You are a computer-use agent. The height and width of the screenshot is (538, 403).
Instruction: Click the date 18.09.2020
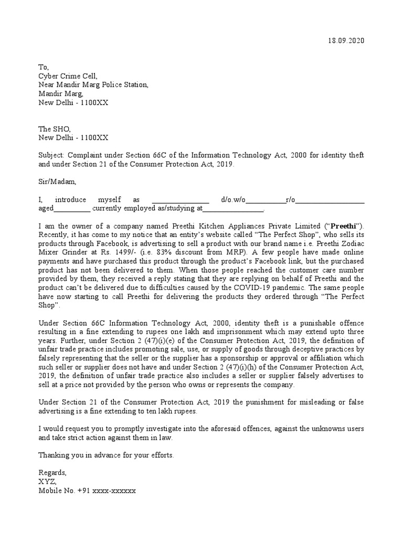pyautogui.click(x=345, y=40)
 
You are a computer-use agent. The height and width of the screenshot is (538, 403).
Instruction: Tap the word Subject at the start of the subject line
pyautogui.click(x=50, y=156)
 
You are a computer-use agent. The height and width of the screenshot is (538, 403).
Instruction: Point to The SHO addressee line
pyautogui.click(x=54, y=129)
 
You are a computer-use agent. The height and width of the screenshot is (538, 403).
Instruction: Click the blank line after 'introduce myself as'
pyautogui.click(x=180, y=200)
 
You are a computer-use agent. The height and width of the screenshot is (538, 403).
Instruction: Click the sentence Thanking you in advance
pyautogui.click(x=106, y=455)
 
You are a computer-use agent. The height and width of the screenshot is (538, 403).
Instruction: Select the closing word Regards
pyautogui.click(x=52, y=472)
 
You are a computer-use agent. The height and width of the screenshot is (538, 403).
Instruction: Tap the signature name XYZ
pyautogui.click(x=47, y=481)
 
